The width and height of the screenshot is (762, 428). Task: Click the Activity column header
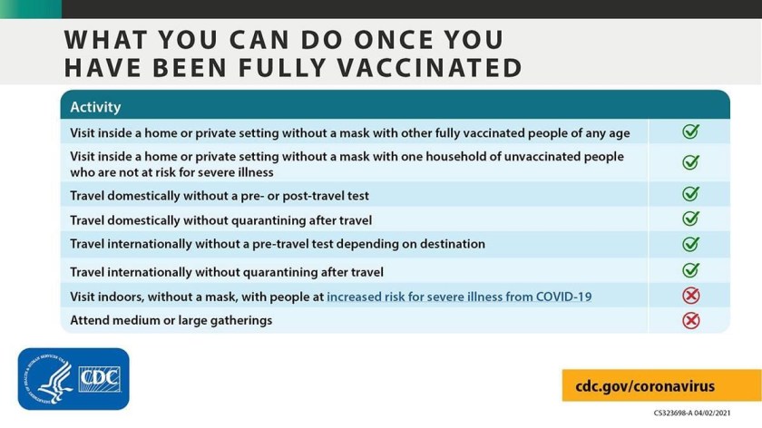pyautogui.click(x=95, y=107)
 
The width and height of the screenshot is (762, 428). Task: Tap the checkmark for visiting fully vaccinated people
pyautogui.click(x=690, y=132)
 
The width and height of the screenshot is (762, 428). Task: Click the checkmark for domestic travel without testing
pyautogui.click(x=690, y=194)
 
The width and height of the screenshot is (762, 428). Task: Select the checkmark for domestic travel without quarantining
pyautogui.click(x=690, y=219)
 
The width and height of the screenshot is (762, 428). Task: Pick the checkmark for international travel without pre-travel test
pyautogui.click(x=690, y=244)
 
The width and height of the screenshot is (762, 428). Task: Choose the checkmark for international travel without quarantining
pyautogui.click(x=690, y=270)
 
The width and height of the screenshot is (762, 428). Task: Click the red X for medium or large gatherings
pyautogui.click(x=690, y=320)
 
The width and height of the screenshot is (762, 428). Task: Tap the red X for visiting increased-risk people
pyautogui.click(x=690, y=296)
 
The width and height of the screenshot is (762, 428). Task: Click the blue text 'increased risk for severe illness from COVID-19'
pyautogui.click(x=459, y=296)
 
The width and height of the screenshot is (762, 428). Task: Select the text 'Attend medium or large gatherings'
pyautogui.click(x=171, y=320)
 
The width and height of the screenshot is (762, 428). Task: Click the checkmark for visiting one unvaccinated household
pyautogui.click(x=690, y=162)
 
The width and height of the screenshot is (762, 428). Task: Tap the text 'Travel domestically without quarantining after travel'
pyautogui.click(x=220, y=219)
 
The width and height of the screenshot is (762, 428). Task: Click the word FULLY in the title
pyautogui.click(x=278, y=67)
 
